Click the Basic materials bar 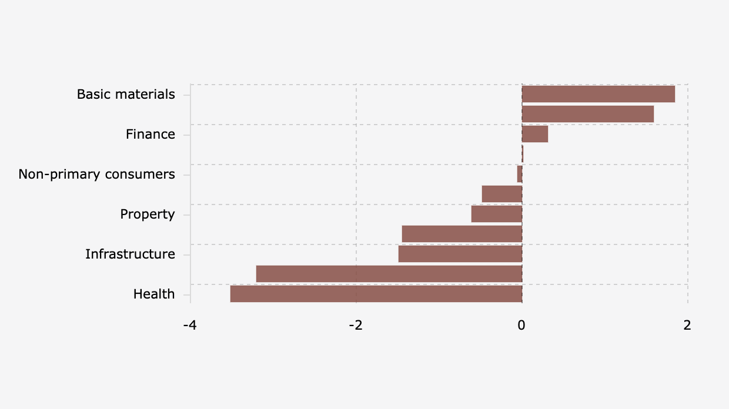tap(598, 94)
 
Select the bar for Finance tap(535, 134)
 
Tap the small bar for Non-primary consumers tap(520, 174)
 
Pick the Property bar tap(497, 214)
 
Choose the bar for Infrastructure tap(460, 254)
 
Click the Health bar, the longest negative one tap(376, 294)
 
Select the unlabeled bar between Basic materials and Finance tap(588, 114)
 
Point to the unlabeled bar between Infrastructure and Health tap(389, 274)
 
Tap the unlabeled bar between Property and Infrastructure tap(462, 234)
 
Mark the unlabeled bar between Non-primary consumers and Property tap(502, 194)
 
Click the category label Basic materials tap(126, 95)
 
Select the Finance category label tap(151, 135)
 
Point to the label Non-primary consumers tap(96, 175)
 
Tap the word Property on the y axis tap(148, 214)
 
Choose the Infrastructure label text tap(130, 254)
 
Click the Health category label tap(154, 294)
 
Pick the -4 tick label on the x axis tap(190, 325)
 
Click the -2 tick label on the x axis tap(356, 325)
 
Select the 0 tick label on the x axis tap(521, 325)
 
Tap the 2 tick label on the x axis tap(687, 325)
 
